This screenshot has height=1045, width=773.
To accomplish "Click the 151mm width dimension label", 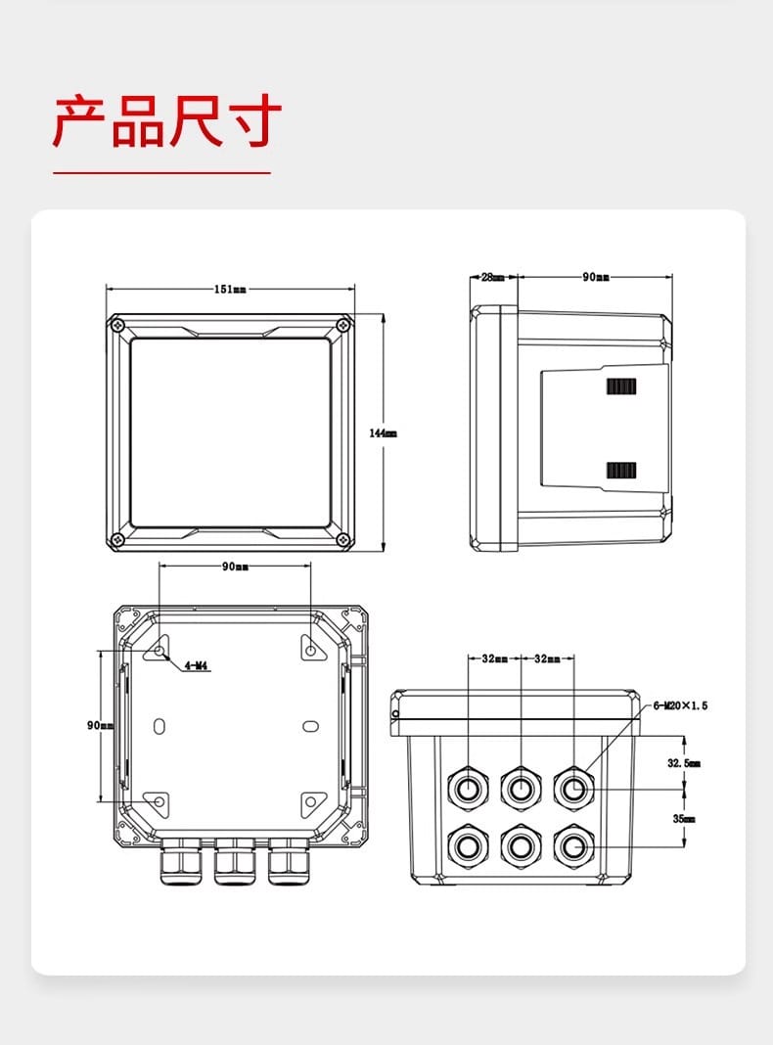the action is (230, 290).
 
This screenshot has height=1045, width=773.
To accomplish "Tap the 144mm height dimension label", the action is (384, 433).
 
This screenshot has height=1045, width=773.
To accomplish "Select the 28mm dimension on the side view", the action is (493, 277).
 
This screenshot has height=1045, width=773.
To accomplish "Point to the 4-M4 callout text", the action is (196, 665).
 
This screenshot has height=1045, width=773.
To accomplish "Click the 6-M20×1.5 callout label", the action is (680, 705).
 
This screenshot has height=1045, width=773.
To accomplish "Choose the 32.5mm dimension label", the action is (684, 763).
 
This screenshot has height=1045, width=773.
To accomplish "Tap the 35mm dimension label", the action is (684, 818).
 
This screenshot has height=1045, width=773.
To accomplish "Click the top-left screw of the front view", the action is (118, 325).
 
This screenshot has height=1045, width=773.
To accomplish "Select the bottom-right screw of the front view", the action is (343, 539).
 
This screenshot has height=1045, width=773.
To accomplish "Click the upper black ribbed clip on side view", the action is (621, 386).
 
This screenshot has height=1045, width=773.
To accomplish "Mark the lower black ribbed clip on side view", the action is (621, 471).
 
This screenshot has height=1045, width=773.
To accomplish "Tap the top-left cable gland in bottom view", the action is (469, 789).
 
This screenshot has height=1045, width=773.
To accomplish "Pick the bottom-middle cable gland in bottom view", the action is (522, 846).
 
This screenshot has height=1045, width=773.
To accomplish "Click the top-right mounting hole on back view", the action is (311, 648).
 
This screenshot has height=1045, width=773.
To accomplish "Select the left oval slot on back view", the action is (159, 726).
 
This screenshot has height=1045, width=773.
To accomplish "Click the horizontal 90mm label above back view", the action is (235, 567).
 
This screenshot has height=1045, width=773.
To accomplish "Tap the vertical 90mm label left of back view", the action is (100, 725).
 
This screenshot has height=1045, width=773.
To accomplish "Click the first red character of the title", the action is (80, 120).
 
